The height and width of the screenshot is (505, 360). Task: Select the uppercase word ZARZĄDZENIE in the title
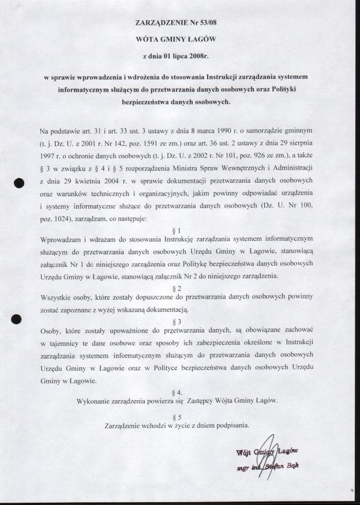pos(161,23)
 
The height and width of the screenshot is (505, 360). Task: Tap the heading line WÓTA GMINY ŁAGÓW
pos(179,40)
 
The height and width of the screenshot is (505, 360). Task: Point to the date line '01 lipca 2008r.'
pos(179,57)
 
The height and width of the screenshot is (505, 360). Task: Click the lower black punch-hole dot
pos(17,319)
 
